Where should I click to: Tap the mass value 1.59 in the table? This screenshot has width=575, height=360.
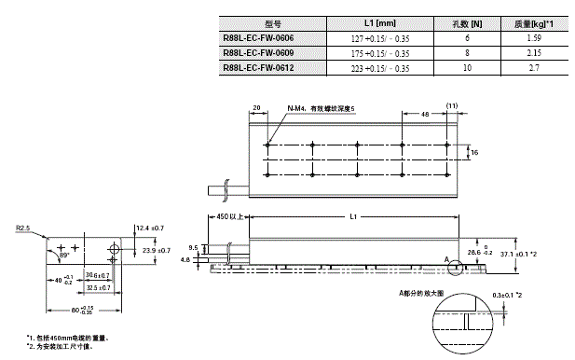535,39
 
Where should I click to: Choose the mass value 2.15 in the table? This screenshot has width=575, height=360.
535,54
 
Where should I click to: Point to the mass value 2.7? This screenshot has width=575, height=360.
535,69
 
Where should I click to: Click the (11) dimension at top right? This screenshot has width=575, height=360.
453,107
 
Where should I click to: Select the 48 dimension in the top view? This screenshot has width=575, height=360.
424,114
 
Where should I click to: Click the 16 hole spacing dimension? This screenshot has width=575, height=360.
472,152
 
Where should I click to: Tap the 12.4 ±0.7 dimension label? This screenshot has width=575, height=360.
149,228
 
